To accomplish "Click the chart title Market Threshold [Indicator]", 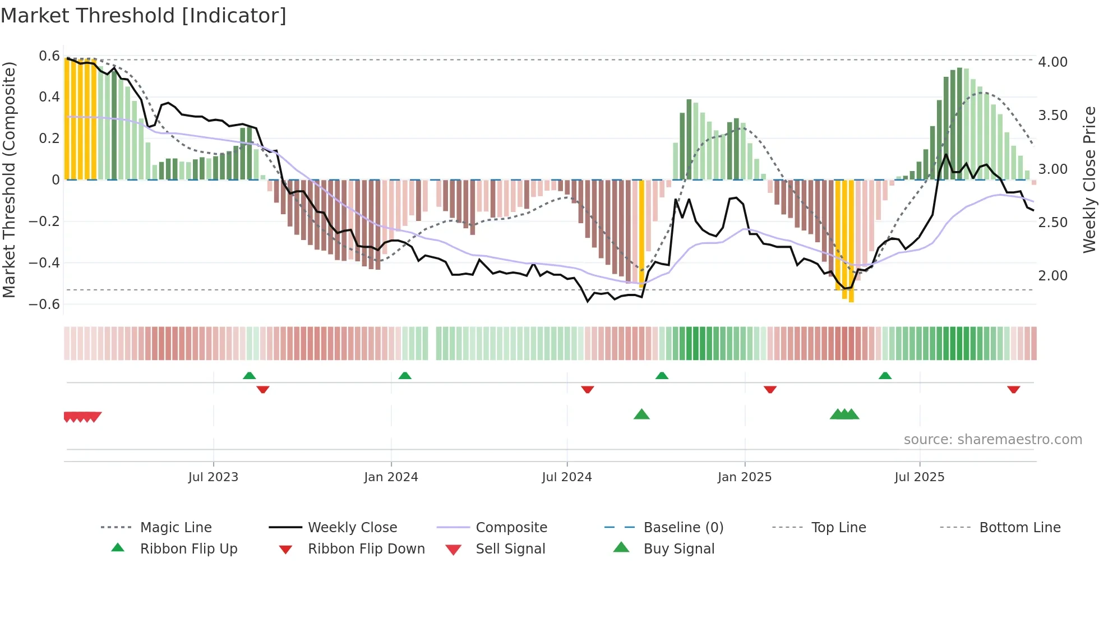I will click(x=144, y=16).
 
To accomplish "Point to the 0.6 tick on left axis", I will click(x=49, y=56).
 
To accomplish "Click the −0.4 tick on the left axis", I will click(x=44, y=262).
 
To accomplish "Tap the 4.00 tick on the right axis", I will click(x=1052, y=62).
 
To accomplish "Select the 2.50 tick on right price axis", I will click(x=1052, y=223).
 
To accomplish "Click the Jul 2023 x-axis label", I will click(x=213, y=477).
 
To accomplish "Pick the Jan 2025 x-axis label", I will click(x=744, y=477).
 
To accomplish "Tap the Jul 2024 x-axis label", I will click(x=566, y=477).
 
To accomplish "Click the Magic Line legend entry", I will click(x=176, y=528).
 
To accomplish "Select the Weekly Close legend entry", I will click(x=352, y=528).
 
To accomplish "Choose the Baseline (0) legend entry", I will click(x=683, y=528).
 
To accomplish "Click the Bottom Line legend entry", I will click(x=1019, y=528).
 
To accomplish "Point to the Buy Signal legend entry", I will click(x=678, y=549).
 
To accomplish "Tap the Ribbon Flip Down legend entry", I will click(x=366, y=549).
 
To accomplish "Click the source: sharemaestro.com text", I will click(x=992, y=440).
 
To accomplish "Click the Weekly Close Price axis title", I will click(x=1089, y=179).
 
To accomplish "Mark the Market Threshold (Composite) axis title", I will click(x=9, y=179).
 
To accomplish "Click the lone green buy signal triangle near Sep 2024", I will click(x=641, y=414).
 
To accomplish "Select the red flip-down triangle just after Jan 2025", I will click(x=770, y=389).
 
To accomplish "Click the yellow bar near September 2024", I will click(x=642, y=233).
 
